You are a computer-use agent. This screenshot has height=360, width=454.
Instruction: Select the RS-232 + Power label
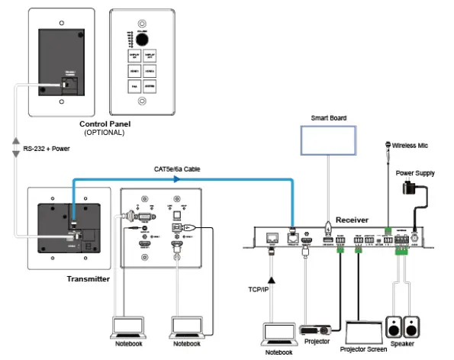tap(48, 149)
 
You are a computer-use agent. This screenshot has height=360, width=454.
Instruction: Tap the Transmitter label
tap(86, 279)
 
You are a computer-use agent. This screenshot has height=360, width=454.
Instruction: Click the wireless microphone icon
tap(387, 144)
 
